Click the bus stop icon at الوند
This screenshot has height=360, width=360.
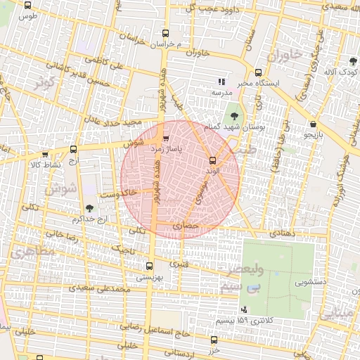(x=213, y=160)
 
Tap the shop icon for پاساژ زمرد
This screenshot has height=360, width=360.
(x=166, y=139)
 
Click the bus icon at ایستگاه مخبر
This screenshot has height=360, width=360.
(x=258, y=72)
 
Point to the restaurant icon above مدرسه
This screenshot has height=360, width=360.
(x=221, y=82)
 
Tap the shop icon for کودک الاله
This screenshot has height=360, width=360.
(x=352, y=61)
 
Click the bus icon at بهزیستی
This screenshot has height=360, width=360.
(x=148, y=266)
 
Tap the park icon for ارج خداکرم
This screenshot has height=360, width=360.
(x=89, y=207)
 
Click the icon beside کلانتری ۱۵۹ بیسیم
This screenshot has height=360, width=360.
(x=244, y=309)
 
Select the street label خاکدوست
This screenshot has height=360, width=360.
(x=119, y=192)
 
